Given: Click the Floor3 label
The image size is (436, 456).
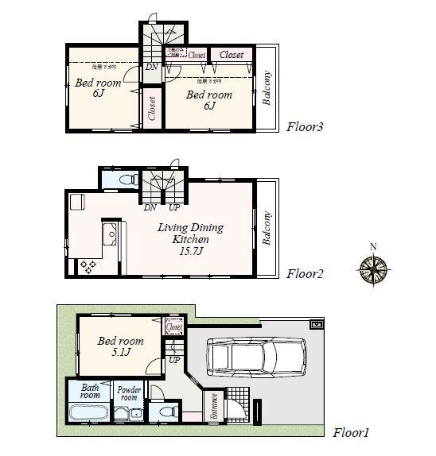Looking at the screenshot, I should (304, 126).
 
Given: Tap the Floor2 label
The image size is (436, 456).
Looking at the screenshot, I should (304, 274).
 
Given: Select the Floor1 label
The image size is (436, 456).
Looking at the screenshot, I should (351, 433).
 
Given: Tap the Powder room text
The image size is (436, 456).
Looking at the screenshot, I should (128, 394).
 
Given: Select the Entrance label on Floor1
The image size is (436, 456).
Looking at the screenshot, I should (213, 407).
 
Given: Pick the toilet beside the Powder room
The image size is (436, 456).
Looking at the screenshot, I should (165, 413).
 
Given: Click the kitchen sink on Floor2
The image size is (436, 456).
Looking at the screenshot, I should (111, 235).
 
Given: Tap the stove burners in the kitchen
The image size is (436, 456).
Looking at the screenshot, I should (87, 265).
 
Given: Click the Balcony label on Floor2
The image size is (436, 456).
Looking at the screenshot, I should (267, 229).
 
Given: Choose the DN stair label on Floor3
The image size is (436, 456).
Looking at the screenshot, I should (151, 67).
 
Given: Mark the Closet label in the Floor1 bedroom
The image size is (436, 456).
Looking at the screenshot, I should (174, 327).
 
